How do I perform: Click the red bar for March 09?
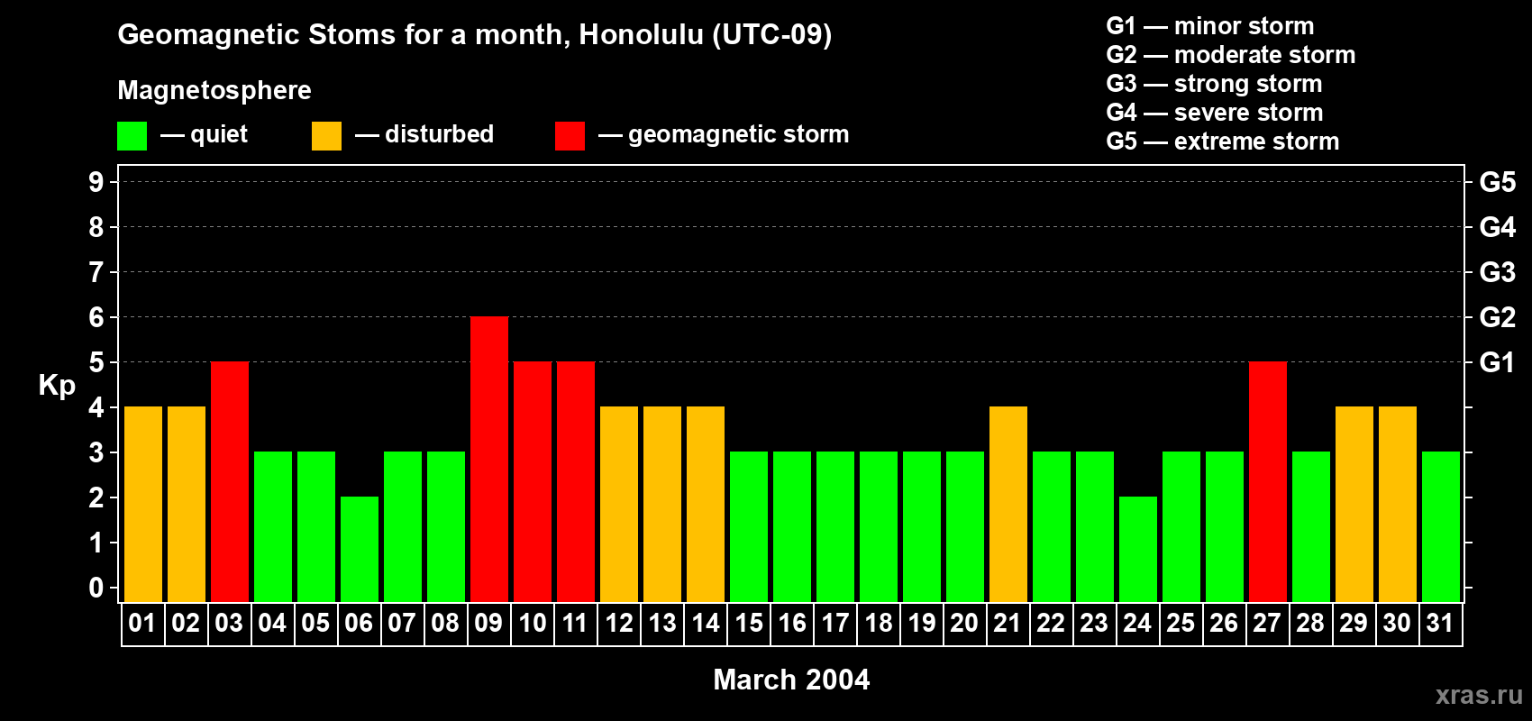(x=489, y=459)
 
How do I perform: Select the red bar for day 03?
(x=230, y=481)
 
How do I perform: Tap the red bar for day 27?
(x=1268, y=481)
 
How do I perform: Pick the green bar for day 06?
(x=360, y=549)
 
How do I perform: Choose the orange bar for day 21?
(x=1008, y=504)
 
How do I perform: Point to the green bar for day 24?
(x=1138, y=549)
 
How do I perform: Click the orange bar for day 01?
(x=143, y=504)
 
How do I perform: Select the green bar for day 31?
(x=1441, y=526)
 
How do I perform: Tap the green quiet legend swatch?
(x=132, y=136)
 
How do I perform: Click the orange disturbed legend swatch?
(x=326, y=136)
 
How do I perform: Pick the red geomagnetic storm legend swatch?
(x=570, y=136)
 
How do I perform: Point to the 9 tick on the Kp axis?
(x=96, y=182)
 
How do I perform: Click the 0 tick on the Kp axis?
(x=96, y=588)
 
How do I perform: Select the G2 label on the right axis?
(x=1497, y=317)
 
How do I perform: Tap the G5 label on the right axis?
(x=1497, y=182)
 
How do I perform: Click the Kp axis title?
(x=57, y=385)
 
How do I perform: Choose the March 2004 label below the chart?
(x=791, y=680)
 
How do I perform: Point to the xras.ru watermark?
(x=1479, y=695)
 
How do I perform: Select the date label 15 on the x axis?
(x=749, y=623)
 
